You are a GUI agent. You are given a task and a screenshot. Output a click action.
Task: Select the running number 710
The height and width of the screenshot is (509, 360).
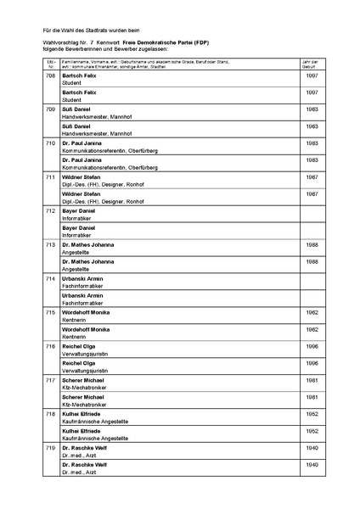click(50, 143)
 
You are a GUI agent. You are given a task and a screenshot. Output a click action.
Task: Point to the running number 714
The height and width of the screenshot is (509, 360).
click(50, 279)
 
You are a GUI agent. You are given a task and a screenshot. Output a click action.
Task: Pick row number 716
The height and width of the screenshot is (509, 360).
click(50, 347)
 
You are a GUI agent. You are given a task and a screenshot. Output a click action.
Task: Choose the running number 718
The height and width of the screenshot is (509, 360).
click(50, 413)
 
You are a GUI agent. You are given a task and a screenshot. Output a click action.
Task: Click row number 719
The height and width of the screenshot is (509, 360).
click(50, 447)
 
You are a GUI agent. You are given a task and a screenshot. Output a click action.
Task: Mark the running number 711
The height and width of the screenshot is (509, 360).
click(50, 177)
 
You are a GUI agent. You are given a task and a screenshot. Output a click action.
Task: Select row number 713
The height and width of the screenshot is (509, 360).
click(50, 244)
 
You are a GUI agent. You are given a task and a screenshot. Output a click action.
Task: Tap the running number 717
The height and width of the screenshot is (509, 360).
click(50, 380)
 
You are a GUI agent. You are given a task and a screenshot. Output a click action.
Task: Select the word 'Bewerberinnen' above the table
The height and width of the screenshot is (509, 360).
click(84, 48)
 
